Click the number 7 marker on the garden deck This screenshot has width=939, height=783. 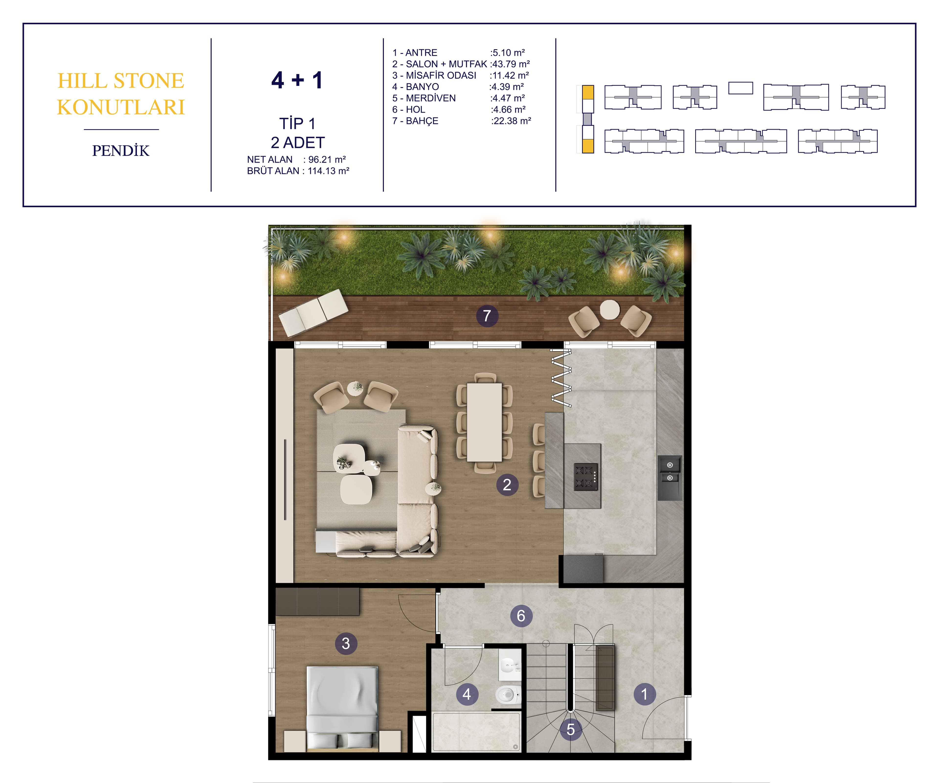487,316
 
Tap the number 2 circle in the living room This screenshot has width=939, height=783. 507,484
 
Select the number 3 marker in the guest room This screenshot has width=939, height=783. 346,643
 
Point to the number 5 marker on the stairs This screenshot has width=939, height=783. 570,729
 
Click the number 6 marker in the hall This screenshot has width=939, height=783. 521,616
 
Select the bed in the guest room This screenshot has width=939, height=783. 342,707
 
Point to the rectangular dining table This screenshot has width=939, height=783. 484,422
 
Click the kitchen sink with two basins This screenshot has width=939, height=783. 670,472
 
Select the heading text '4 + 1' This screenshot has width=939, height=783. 297,81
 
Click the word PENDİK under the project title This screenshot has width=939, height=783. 121,151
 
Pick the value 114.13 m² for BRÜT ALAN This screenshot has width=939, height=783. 328,171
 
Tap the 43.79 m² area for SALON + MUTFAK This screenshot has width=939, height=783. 511,64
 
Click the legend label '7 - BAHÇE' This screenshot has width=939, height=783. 415,121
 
